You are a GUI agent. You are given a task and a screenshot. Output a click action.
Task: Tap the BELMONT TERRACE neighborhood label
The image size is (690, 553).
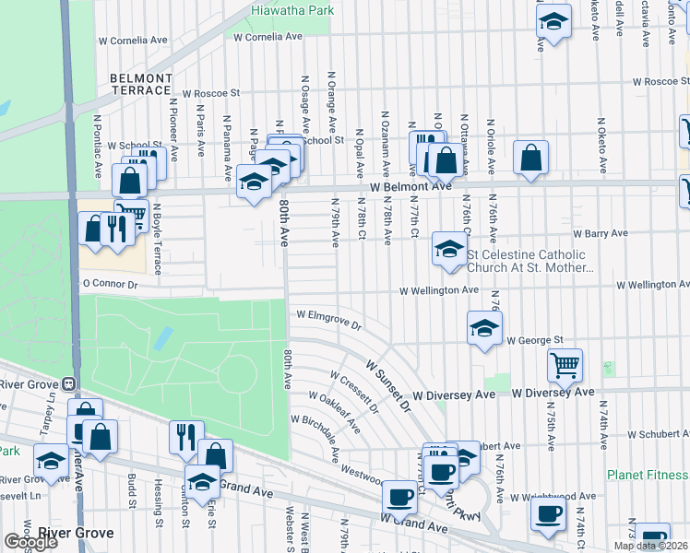141,84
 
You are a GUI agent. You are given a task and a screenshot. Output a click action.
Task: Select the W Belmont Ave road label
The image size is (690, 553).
410,186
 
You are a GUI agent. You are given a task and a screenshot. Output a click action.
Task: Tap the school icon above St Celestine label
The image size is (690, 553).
449,250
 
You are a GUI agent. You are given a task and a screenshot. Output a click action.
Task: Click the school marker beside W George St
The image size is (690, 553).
484,328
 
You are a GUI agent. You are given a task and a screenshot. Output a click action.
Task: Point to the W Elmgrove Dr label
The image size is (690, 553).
328,319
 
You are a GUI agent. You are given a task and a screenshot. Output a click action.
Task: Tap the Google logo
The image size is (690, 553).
30,542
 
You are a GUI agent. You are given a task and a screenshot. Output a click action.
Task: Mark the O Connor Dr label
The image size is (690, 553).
109,285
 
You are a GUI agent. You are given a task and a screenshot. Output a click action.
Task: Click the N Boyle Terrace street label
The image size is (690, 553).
158,239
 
